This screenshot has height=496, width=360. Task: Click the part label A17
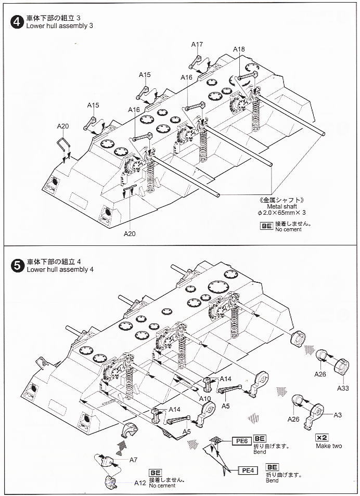197,45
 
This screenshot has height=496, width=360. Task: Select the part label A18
239,49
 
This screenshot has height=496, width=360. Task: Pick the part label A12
140,482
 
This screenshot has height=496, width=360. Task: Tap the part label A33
343,388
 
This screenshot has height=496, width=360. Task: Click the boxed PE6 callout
241,441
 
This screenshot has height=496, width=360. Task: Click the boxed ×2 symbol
323,437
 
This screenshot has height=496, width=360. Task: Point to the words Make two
329,446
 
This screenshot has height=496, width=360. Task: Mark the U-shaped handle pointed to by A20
64,144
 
